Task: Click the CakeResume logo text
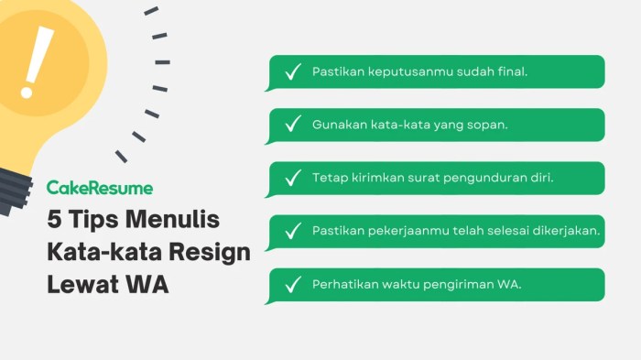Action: [x=100, y=188]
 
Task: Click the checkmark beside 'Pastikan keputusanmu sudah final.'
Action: [x=293, y=72]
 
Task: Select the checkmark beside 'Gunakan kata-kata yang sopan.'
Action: [x=293, y=125]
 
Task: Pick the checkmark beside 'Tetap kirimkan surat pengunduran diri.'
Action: [x=293, y=179]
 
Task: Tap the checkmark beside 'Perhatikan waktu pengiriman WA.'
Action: [x=293, y=285]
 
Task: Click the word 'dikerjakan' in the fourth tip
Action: [x=567, y=231]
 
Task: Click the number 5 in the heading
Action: [x=55, y=221]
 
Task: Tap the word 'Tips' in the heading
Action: [x=94, y=222]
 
